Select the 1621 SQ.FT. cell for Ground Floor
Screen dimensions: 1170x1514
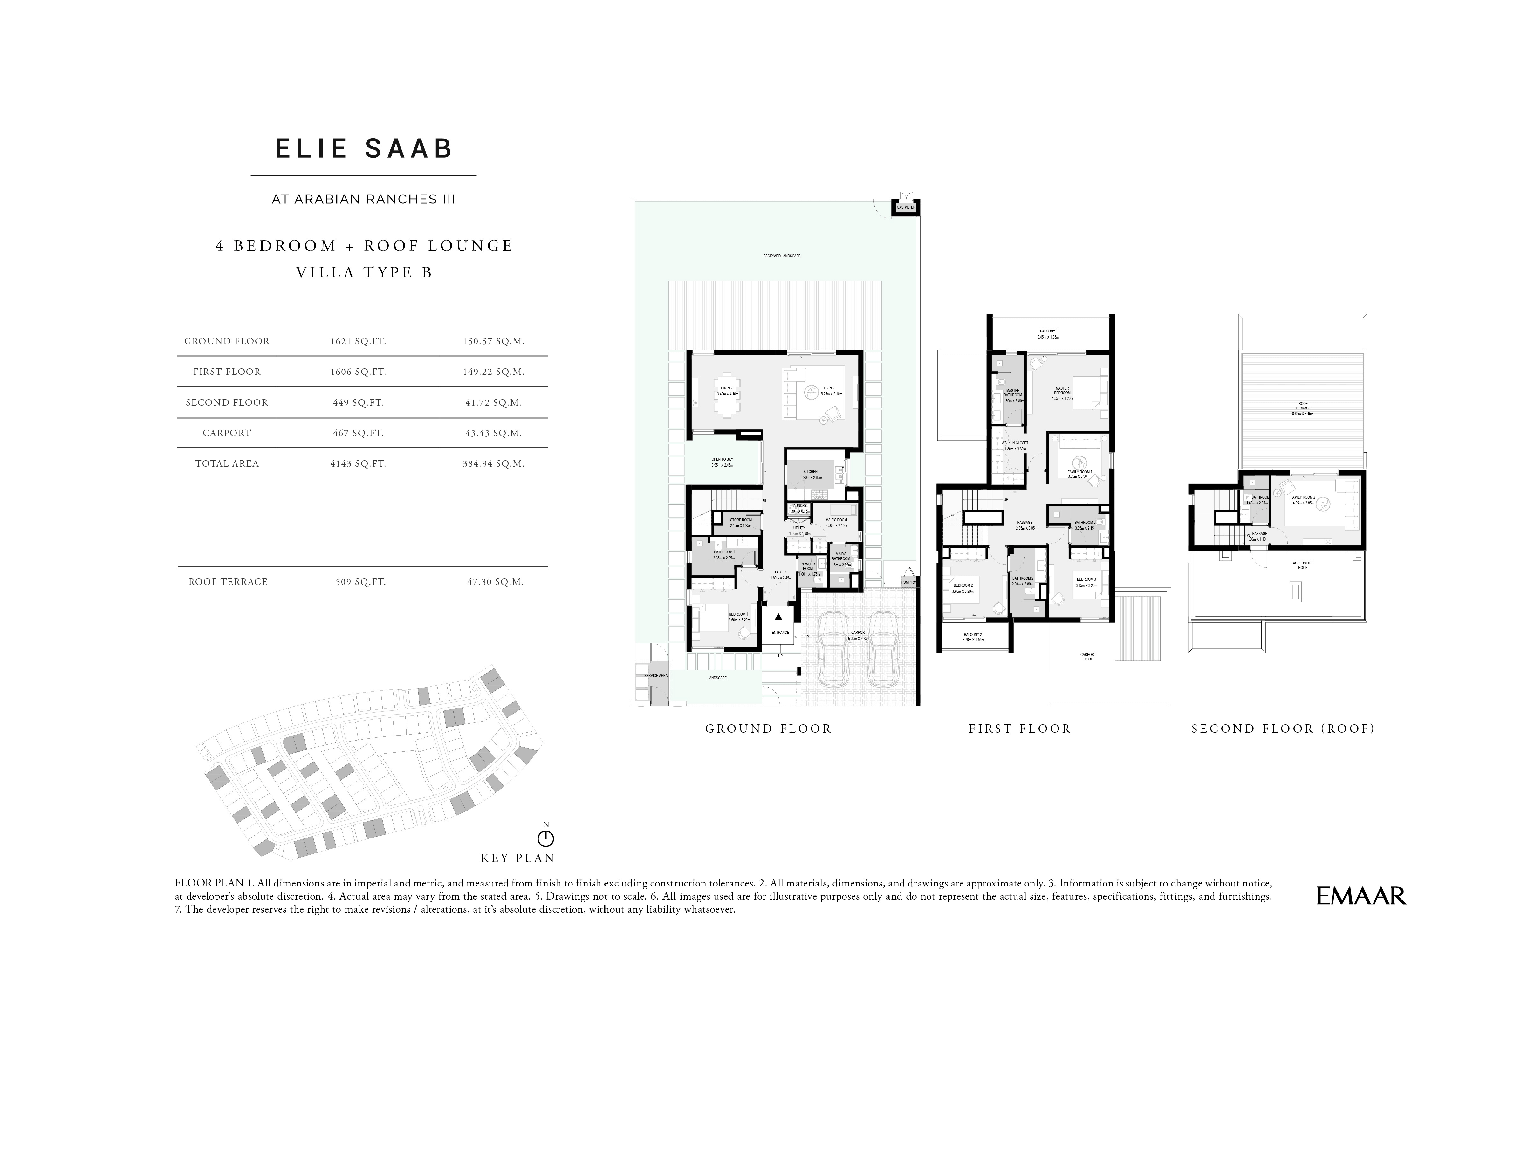point(358,341)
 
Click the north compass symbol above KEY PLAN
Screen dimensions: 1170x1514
point(545,839)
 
